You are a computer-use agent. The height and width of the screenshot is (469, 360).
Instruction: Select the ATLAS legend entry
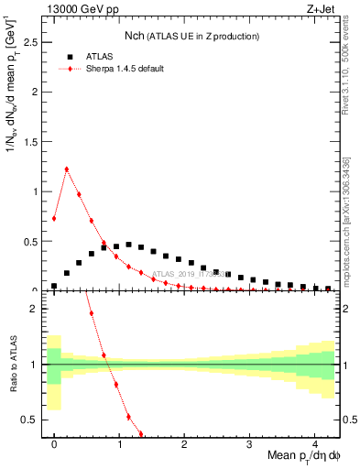[102, 57]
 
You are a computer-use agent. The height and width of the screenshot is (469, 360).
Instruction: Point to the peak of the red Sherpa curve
[66, 169]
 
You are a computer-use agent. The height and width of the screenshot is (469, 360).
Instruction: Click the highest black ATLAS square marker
[128, 245]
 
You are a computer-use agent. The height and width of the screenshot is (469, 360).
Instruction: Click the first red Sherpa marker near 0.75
[54, 218]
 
